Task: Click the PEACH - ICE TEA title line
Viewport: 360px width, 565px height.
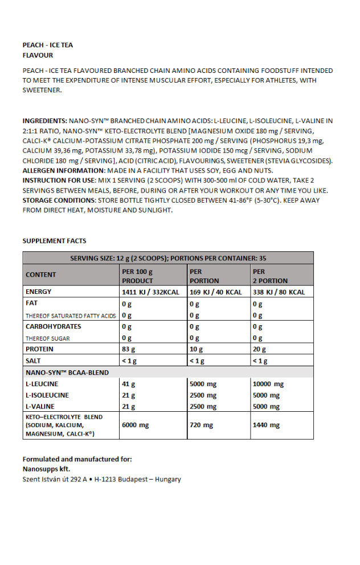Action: [x=48, y=45]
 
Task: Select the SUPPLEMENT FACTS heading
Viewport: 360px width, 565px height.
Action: [x=54, y=241]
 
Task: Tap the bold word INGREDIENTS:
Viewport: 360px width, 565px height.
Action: [x=44, y=121]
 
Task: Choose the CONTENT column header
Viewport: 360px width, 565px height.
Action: [x=41, y=275]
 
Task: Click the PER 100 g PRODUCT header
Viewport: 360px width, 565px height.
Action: [x=138, y=276]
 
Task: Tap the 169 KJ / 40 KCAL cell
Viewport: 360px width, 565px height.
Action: [x=216, y=292]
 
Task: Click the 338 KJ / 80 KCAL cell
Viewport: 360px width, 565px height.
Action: [x=279, y=292]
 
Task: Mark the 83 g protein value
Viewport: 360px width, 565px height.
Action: [x=129, y=349]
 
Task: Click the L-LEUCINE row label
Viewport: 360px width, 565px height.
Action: [x=42, y=384]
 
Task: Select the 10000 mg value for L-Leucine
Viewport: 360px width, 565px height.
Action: [x=268, y=384]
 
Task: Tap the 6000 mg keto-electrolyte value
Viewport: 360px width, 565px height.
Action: [x=136, y=425]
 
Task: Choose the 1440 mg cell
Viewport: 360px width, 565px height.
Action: [x=266, y=425]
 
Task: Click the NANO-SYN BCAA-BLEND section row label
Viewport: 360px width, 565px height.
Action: [x=67, y=372]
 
